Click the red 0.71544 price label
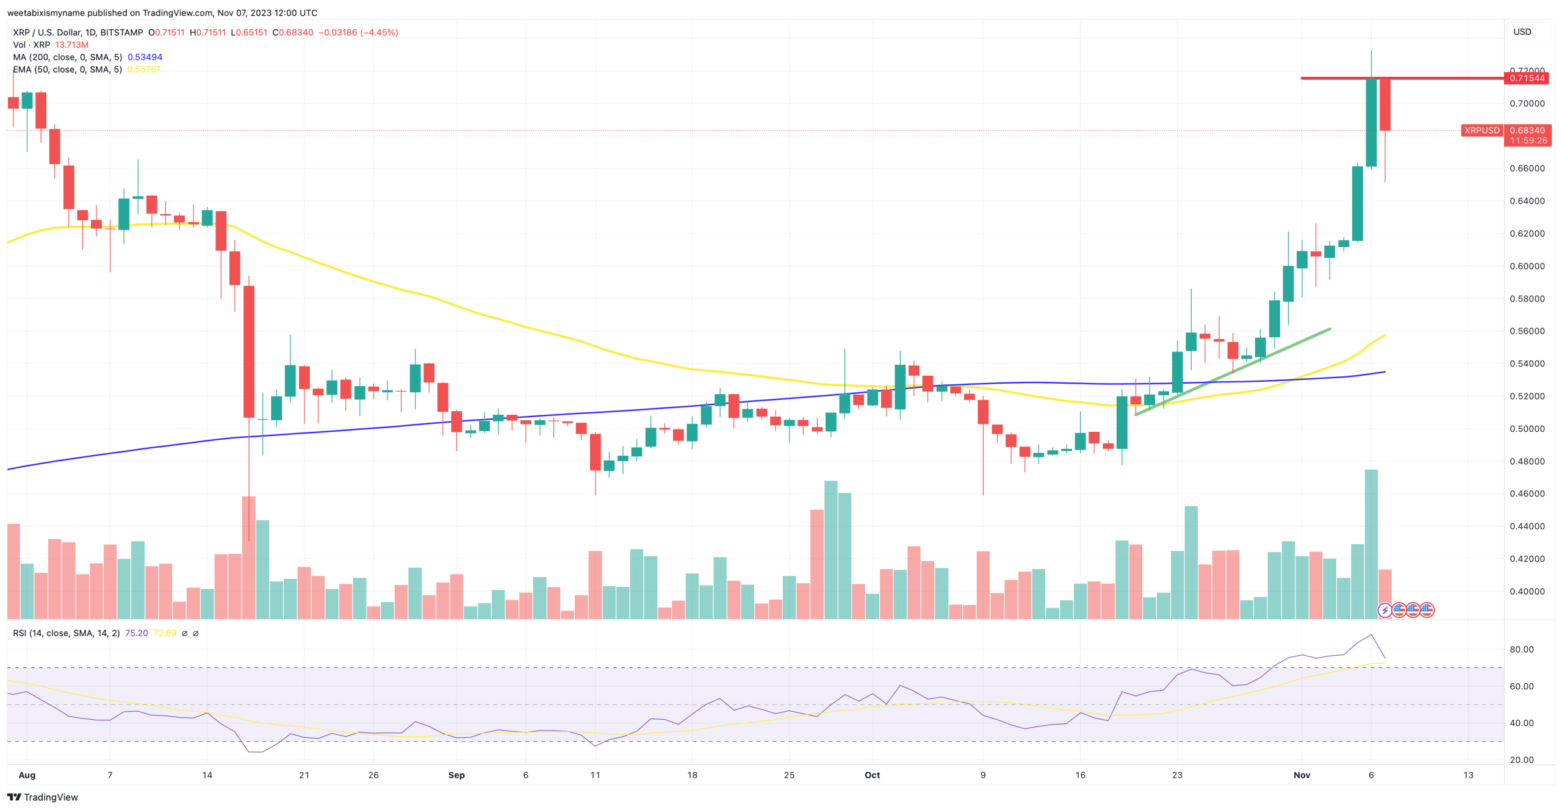click(x=1527, y=78)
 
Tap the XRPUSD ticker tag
click(x=1481, y=130)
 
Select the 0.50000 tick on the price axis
click(x=1527, y=429)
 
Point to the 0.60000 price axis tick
click(x=1527, y=266)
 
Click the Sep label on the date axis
click(x=456, y=775)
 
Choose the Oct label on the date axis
click(x=872, y=775)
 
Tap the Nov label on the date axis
click(x=1301, y=775)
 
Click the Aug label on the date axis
click(x=27, y=775)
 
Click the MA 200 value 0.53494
click(x=145, y=57)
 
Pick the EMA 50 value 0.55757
click(x=144, y=70)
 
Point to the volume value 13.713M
click(x=71, y=45)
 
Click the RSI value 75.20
click(x=136, y=633)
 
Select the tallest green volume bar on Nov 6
click(x=1371, y=543)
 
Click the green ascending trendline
click(x=1233, y=372)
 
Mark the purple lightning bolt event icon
click(x=1384, y=609)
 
